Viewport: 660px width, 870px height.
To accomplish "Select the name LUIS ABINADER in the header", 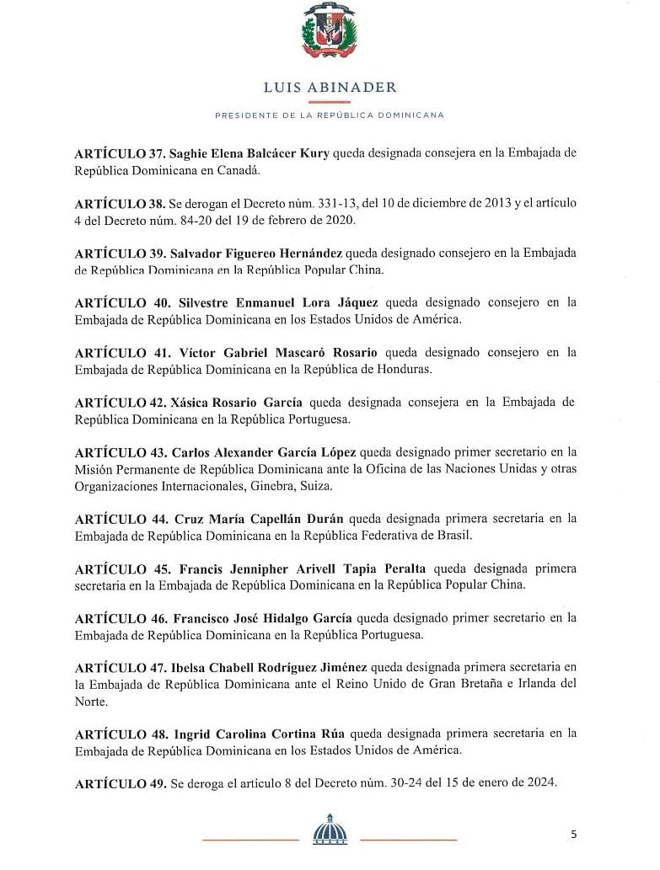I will click(x=330, y=88).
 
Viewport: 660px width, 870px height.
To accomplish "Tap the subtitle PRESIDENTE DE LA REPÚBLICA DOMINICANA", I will click(x=330, y=115).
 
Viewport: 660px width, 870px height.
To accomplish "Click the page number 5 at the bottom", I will click(x=573, y=835).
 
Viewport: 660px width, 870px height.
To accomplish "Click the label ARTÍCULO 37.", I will click(x=119, y=152).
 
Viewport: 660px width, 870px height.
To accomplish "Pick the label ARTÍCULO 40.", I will click(x=120, y=302).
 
